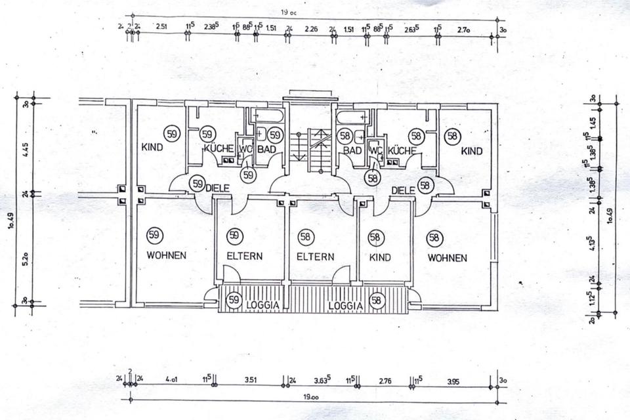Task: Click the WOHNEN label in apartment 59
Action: pos(166,255)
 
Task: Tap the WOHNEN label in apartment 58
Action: pos(447,258)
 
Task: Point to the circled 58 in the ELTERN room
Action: pos(305,236)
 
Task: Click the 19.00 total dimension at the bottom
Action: pos(311,398)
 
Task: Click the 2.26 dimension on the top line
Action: pos(312,29)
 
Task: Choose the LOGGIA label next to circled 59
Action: pos(264,305)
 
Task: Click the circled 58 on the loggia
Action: pos(376,301)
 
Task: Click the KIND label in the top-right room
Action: pos(471,152)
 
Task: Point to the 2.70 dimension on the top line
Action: pos(463,30)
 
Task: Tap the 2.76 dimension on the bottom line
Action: pos(387,380)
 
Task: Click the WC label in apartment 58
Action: pos(375,150)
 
